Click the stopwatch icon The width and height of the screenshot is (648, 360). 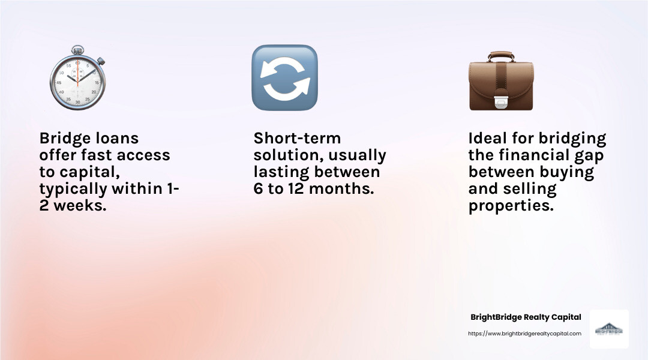click(77, 80)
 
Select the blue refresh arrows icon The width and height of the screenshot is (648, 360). click(284, 78)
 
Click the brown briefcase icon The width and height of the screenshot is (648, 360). click(500, 82)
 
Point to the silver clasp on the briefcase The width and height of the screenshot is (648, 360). click(500, 104)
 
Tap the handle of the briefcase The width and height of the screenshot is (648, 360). click(500, 56)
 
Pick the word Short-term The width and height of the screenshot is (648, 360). click(297, 139)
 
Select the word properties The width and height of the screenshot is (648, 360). click(511, 206)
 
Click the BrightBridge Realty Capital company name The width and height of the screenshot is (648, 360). click(526, 317)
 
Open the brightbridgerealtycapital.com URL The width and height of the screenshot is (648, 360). click(524, 334)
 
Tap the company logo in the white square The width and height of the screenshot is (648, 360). click(608, 329)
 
